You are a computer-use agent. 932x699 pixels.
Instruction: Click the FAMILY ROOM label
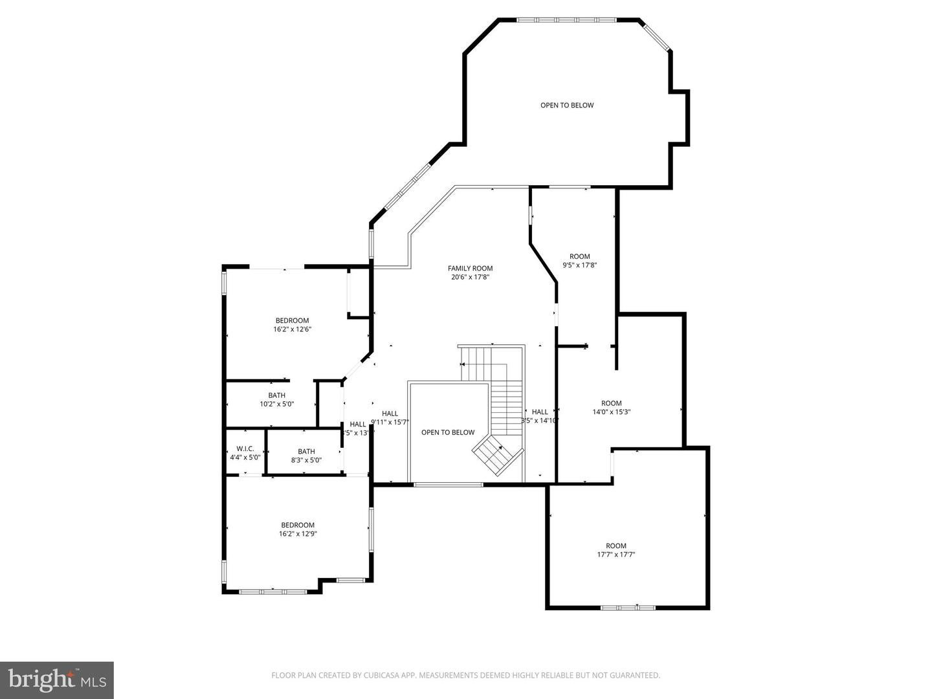(470, 268)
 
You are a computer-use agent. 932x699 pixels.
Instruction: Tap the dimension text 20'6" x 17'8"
(470, 278)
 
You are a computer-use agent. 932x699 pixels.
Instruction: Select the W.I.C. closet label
(245, 449)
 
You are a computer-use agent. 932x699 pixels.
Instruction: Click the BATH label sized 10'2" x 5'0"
(276, 395)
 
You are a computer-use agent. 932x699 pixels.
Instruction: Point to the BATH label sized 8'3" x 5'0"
(306, 452)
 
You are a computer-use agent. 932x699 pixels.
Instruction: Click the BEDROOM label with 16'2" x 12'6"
(292, 320)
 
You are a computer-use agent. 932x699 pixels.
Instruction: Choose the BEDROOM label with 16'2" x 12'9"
(297, 525)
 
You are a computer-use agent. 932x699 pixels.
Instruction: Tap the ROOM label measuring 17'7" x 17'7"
(616, 546)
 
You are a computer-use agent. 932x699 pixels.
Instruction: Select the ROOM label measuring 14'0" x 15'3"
(611, 403)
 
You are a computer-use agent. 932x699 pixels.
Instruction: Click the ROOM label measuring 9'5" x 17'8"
(579, 256)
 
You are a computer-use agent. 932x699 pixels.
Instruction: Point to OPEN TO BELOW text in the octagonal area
(567, 105)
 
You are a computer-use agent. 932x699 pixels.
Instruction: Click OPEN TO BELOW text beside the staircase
(447, 432)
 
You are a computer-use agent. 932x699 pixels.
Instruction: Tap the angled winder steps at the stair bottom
(497, 454)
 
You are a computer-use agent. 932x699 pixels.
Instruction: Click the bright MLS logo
(56, 680)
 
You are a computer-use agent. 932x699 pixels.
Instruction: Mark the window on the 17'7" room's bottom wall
(628, 607)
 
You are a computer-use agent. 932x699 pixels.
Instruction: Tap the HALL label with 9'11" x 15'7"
(390, 414)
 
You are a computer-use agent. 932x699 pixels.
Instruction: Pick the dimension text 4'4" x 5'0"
(245, 458)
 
